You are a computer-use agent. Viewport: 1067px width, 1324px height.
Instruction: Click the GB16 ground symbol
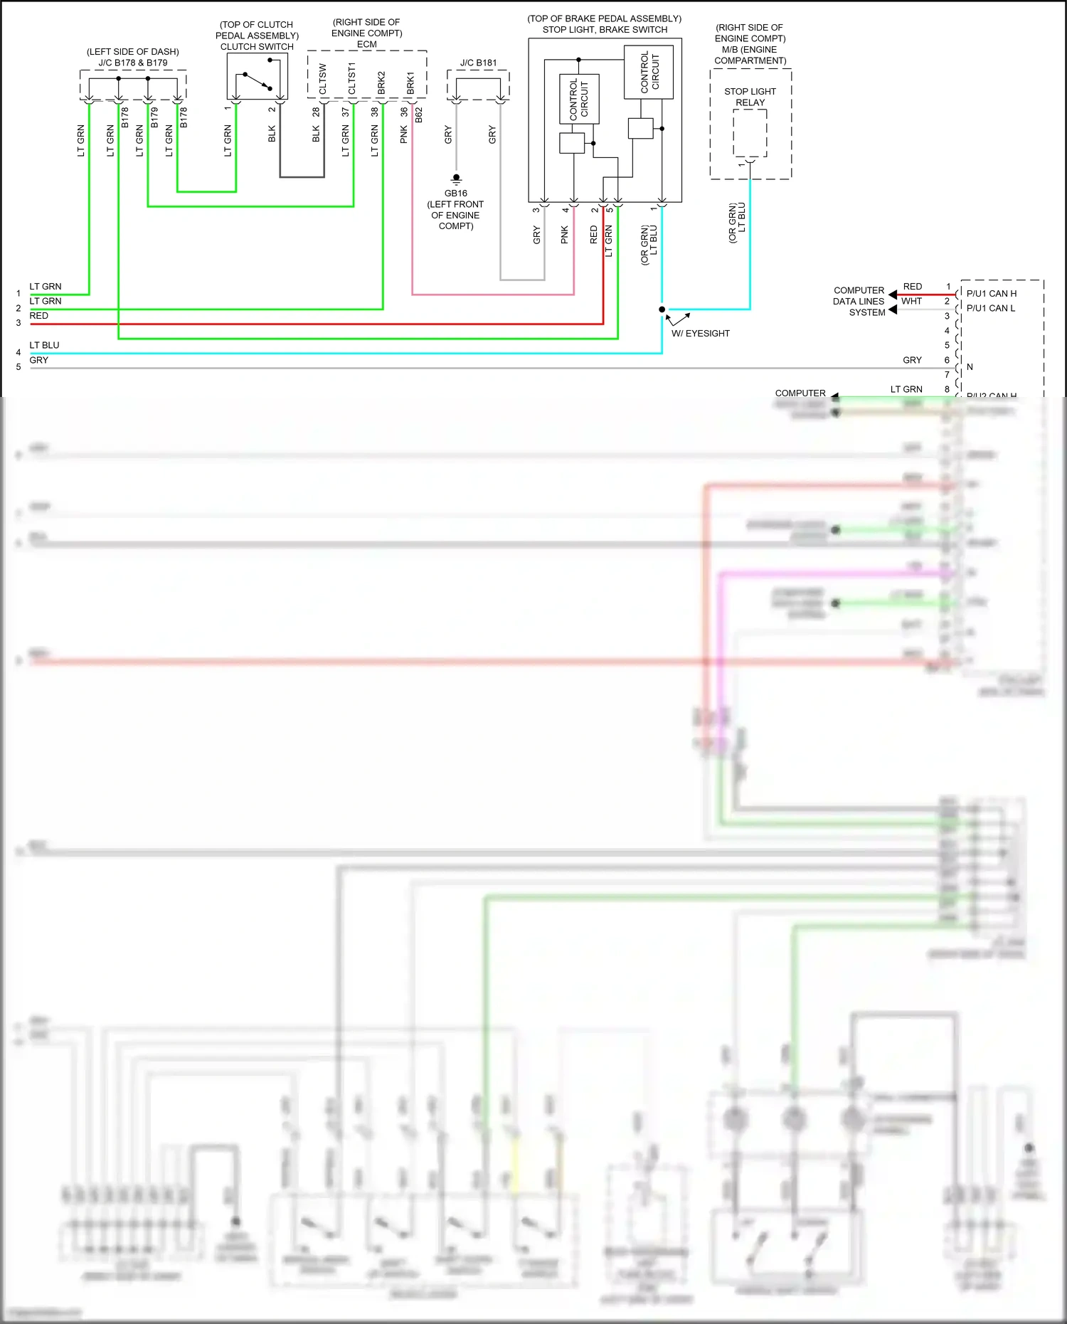(456, 179)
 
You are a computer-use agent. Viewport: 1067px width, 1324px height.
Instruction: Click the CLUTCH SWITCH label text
(257, 47)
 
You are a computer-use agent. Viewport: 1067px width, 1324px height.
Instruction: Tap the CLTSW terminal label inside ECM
(322, 79)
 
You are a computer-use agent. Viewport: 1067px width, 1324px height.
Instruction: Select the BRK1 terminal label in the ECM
(410, 83)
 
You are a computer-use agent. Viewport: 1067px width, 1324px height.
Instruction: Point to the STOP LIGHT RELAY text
(750, 97)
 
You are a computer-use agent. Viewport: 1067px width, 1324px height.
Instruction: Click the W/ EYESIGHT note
(700, 334)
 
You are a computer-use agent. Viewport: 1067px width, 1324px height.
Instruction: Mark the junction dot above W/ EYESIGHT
(662, 309)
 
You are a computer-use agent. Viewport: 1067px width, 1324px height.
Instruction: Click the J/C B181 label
(478, 63)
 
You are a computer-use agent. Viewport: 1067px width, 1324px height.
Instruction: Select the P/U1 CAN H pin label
(991, 294)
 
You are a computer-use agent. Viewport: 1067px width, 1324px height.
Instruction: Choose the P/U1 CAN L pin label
(990, 309)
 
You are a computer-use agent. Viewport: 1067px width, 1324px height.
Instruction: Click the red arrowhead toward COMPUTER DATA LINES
(893, 295)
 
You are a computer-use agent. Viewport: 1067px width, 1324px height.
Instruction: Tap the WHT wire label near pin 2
(911, 302)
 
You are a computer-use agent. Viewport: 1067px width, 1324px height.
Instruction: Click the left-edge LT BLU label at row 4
(44, 346)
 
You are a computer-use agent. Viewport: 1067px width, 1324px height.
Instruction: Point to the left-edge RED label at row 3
(39, 316)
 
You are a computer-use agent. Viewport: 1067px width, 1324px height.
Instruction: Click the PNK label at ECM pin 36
(404, 134)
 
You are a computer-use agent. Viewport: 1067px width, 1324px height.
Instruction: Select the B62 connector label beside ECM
(419, 115)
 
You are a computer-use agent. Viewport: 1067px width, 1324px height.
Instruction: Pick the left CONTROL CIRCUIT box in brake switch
(579, 99)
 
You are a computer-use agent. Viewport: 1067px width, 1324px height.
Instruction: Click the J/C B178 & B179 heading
(133, 63)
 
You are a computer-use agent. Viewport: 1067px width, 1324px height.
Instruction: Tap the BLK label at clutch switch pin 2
(272, 134)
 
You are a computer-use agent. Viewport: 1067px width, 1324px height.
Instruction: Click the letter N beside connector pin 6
(969, 368)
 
